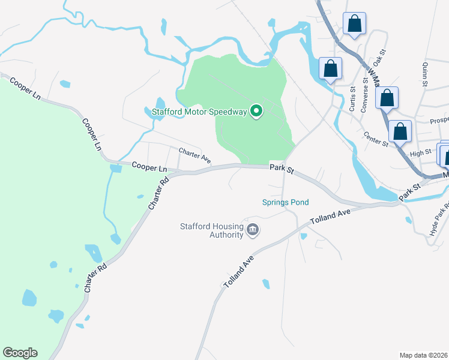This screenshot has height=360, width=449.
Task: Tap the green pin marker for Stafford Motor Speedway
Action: coord(257,110)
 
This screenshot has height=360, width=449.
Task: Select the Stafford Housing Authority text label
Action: coord(212,230)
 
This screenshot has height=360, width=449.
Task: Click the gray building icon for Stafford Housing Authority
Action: coord(253,230)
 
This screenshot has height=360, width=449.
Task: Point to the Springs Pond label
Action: coord(285,202)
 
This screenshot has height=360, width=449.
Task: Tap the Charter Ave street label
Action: coord(194,155)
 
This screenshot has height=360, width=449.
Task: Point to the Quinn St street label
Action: coord(425,74)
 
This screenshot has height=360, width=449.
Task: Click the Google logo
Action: coord(20,353)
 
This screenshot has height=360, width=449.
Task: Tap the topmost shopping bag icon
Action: coord(355,24)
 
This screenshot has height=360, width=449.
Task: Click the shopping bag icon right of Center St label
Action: coord(400,131)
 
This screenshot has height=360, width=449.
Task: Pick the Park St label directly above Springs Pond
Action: coord(282,170)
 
